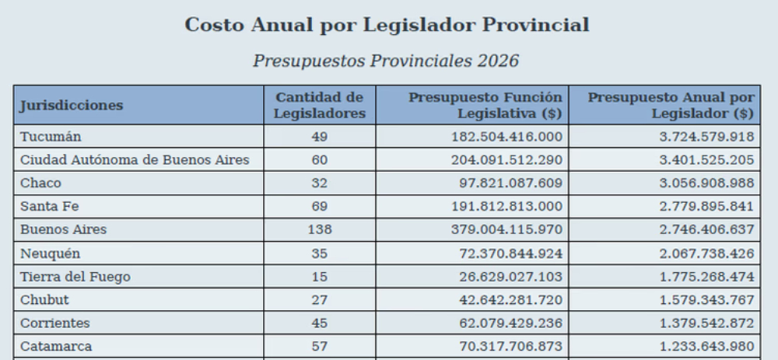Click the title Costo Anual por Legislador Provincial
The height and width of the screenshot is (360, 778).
click(387, 25)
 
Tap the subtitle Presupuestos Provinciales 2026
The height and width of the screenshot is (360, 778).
click(386, 61)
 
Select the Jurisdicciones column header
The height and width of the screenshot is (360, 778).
click(72, 105)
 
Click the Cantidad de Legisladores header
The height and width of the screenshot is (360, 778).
click(320, 105)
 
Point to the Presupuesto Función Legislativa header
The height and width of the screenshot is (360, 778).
click(485, 105)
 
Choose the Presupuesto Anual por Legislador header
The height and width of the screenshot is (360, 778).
click(671, 105)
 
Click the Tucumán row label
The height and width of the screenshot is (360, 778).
click(51, 136)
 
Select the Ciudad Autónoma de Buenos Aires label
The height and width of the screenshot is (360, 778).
click(135, 159)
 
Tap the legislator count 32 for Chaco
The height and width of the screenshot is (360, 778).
click(320, 183)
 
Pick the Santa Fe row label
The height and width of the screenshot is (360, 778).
click(50, 206)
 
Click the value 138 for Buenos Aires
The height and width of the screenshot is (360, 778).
click(320, 229)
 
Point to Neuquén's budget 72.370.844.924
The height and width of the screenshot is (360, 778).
click(511, 253)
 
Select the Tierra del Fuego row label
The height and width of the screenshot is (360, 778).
click(75, 277)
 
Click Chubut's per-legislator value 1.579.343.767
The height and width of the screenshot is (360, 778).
click(706, 300)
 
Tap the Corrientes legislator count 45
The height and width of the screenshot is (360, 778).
click(320, 323)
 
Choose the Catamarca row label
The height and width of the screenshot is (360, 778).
click(56, 346)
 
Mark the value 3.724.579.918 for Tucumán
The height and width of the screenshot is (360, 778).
click(706, 136)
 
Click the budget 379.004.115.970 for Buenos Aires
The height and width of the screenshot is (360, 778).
click(506, 229)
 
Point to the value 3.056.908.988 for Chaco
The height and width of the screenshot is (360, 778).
click(706, 183)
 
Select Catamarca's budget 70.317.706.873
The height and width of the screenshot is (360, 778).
click(511, 346)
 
